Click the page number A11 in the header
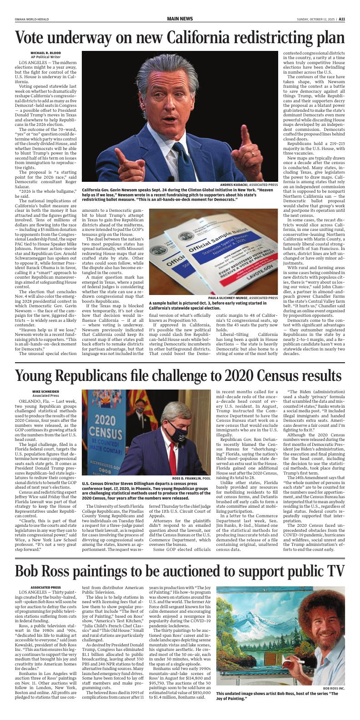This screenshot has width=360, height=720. coord(341,19)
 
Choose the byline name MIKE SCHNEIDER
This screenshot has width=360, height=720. coord(45,391)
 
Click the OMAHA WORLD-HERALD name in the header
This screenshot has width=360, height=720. coord(30,19)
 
